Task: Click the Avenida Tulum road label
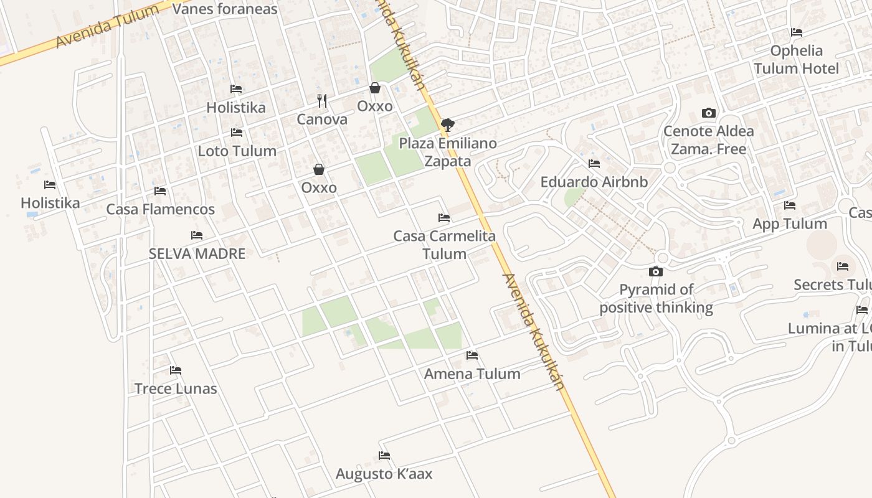click(107, 27)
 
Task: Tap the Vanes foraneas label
click(224, 9)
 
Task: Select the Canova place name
click(322, 120)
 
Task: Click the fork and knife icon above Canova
click(322, 100)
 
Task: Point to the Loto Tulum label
click(237, 151)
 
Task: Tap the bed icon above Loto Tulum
click(237, 133)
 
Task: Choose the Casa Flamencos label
click(160, 209)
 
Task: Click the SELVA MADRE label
click(197, 253)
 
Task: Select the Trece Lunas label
click(176, 389)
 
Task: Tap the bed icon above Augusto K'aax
click(384, 456)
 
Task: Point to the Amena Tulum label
click(472, 374)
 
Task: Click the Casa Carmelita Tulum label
click(444, 245)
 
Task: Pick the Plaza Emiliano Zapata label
click(448, 152)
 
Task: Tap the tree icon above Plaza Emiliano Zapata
click(447, 125)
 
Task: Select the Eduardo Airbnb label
click(594, 182)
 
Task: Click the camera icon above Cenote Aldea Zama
click(708, 113)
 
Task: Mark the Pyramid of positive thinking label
click(656, 298)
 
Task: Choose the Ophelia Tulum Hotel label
click(797, 59)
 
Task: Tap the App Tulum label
click(790, 224)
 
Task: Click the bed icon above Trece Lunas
click(176, 370)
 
